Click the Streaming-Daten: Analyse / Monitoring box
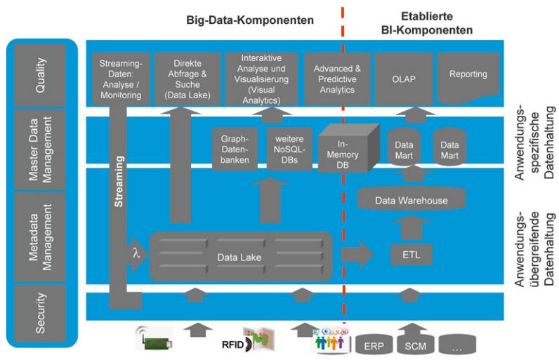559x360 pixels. click(x=120, y=77)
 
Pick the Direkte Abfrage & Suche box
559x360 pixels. click(x=185, y=77)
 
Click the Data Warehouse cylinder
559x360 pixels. click(x=411, y=199)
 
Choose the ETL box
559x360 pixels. click(x=411, y=253)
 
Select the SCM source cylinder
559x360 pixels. click(x=416, y=345)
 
